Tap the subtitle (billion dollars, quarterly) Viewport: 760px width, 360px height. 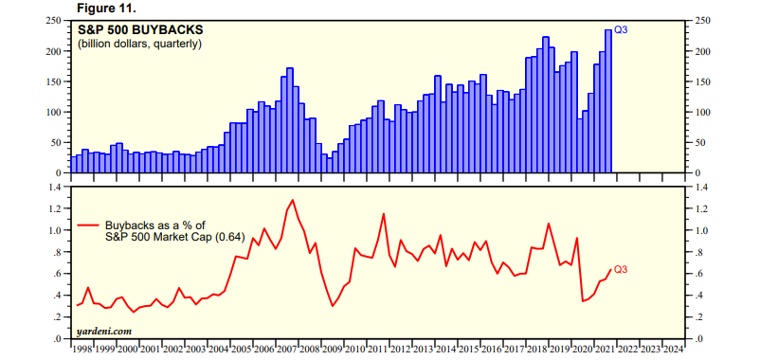139,44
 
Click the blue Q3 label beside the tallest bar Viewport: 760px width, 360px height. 622,30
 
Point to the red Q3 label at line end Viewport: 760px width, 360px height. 622,270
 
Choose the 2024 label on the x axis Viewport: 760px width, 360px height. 674,349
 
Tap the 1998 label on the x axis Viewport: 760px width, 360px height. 83,349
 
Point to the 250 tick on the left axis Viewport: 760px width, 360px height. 55,21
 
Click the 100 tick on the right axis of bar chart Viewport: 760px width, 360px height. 702,112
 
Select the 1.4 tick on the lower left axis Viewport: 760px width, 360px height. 55,187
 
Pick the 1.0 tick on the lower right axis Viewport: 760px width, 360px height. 702,230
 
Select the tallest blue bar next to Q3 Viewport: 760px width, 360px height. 608,101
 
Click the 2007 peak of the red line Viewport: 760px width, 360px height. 292,200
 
